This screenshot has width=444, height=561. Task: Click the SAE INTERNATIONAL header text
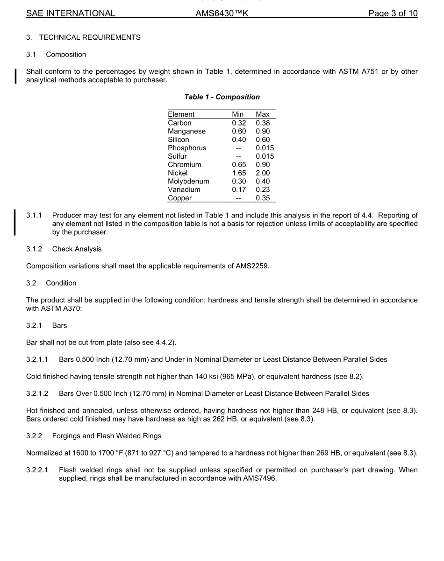[71, 14]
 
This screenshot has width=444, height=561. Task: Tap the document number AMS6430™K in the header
[222, 14]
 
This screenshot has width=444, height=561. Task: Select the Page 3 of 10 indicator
[393, 14]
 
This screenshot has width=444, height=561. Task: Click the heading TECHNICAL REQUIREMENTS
[89, 37]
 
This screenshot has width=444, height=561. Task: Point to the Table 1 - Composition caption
[222, 97]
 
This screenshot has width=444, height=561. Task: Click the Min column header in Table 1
[238, 114]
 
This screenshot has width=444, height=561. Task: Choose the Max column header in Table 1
[263, 114]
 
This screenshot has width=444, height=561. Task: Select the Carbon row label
[179, 123]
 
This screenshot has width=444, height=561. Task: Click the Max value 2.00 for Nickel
[263, 173]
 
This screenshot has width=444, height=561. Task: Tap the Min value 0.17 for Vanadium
[239, 189]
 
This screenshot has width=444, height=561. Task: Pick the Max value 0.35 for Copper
[263, 198]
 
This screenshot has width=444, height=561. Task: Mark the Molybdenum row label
[188, 181]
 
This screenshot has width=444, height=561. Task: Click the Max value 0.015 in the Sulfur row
[265, 156]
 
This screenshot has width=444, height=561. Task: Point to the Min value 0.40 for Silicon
[239, 140]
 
